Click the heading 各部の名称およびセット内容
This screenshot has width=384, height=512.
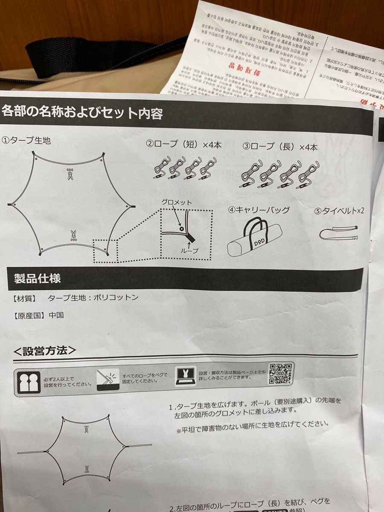(x=82, y=112)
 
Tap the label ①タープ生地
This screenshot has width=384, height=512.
(x=26, y=140)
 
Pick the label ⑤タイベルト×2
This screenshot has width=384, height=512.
(x=339, y=211)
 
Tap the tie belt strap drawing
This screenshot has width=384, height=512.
(x=339, y=234)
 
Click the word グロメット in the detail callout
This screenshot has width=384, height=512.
(x=177, y=202)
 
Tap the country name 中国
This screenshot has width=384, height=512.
(x=56, y=315)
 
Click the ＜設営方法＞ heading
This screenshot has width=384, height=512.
(x=45, y=351)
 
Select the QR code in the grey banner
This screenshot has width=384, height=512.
(x=281, y=374)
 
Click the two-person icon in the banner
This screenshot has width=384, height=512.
(x=30, y=381)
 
